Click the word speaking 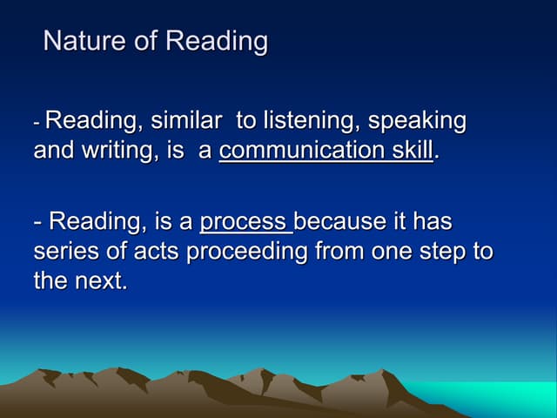tap(417, 122)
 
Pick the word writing tap(109, 151)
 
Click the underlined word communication tap(300, 151)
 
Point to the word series tap(65, 252)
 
